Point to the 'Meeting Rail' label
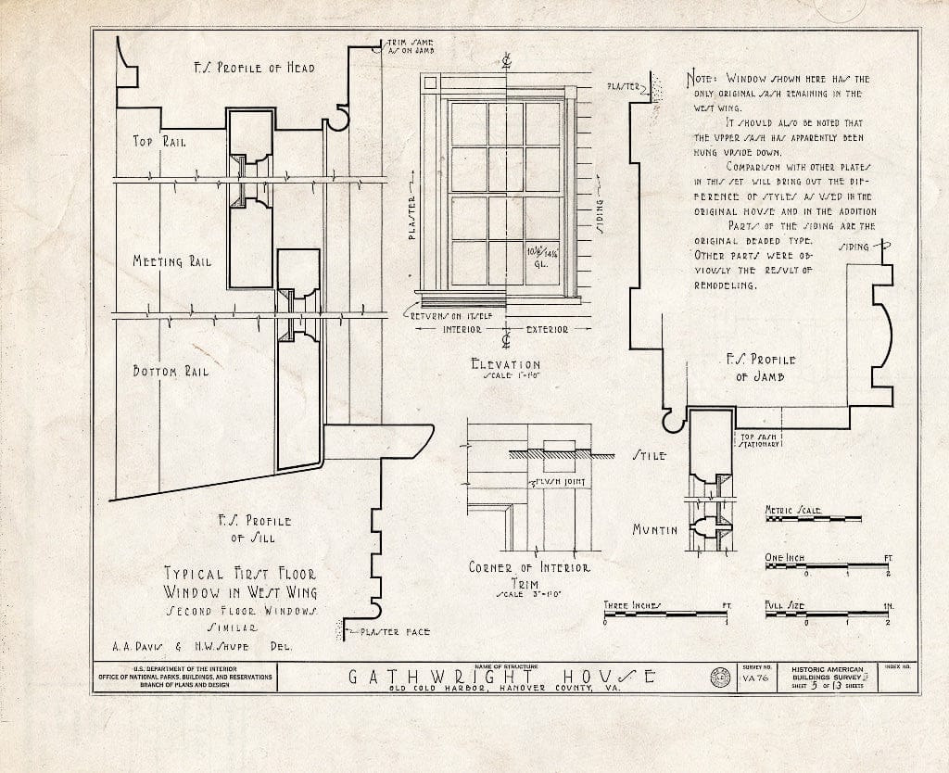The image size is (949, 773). [x=171, y=261]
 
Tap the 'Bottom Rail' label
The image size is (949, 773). [x=171, y=372]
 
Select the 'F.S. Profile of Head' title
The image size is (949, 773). [x=253, y=68]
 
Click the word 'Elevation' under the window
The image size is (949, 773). [x=505, y=364]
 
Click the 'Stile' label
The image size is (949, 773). [x=648, y=456]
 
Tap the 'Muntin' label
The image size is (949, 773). [x=654, y=529]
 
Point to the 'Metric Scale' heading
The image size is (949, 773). [x=793, y=510]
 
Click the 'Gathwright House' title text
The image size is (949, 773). [x=505, y=678]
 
